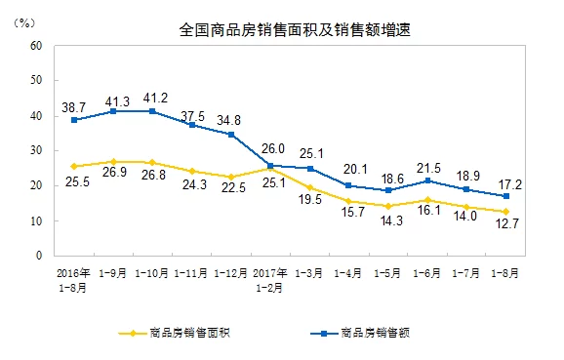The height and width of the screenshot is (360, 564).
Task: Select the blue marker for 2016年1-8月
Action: pyautogui.click(x=74, y=120)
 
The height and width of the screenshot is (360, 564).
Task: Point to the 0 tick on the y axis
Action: pyautogui.click(x=37, y=256)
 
